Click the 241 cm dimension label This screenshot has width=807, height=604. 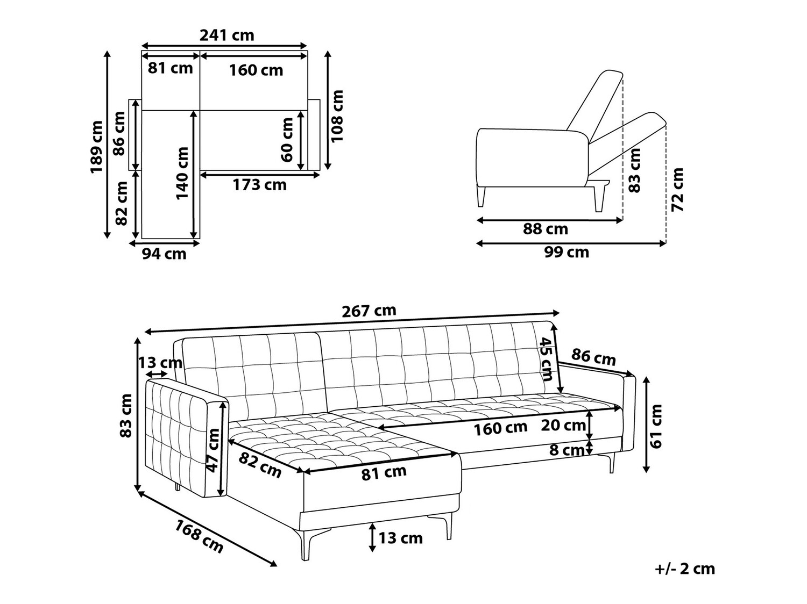(226, 35)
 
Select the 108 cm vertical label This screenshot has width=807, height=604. (337, 116)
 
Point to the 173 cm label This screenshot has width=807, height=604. (259, 185)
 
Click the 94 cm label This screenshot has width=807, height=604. (164, 254)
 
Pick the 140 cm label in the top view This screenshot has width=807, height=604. (182, 174)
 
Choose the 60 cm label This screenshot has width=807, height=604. (287, 140)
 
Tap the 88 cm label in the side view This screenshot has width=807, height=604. (546, 229)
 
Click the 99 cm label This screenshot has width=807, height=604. (567, 252)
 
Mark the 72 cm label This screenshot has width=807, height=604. (677, 190)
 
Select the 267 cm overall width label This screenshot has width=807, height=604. (369, 311)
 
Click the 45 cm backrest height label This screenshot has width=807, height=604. (547, 359)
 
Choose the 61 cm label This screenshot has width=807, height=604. (655, 426)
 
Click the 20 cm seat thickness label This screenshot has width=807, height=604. (563, 425)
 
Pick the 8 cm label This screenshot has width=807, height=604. (567, 450)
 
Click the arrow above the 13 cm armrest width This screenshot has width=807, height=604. (156, 374)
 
